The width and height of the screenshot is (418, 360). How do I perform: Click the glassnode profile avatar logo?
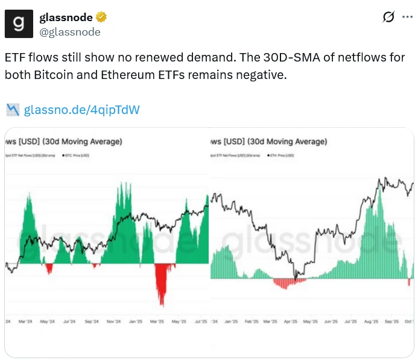19,24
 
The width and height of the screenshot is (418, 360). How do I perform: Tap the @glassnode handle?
70,31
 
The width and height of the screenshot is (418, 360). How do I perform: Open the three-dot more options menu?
407,17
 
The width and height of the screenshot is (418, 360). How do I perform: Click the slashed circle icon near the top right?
389,17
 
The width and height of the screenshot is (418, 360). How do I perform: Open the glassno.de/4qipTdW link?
82,110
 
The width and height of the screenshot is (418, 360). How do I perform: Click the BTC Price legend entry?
75,156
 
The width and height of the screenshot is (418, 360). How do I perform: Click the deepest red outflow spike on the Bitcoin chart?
162,302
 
